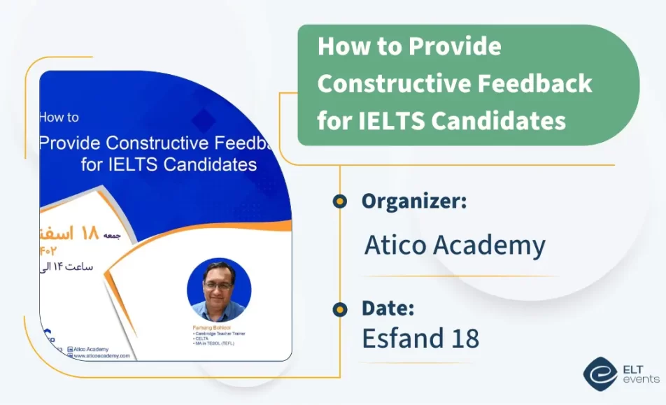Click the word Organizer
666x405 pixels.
413,201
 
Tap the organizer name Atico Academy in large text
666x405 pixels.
454,246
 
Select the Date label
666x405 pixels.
388,308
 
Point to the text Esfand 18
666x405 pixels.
420,338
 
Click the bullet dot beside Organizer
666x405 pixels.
340,201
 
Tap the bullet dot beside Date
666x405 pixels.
340,308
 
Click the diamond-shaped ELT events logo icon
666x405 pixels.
600,373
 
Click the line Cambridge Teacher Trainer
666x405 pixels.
219,334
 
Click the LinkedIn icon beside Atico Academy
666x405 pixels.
70,348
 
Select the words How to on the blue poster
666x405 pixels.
59,118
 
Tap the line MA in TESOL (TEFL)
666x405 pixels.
215,344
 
